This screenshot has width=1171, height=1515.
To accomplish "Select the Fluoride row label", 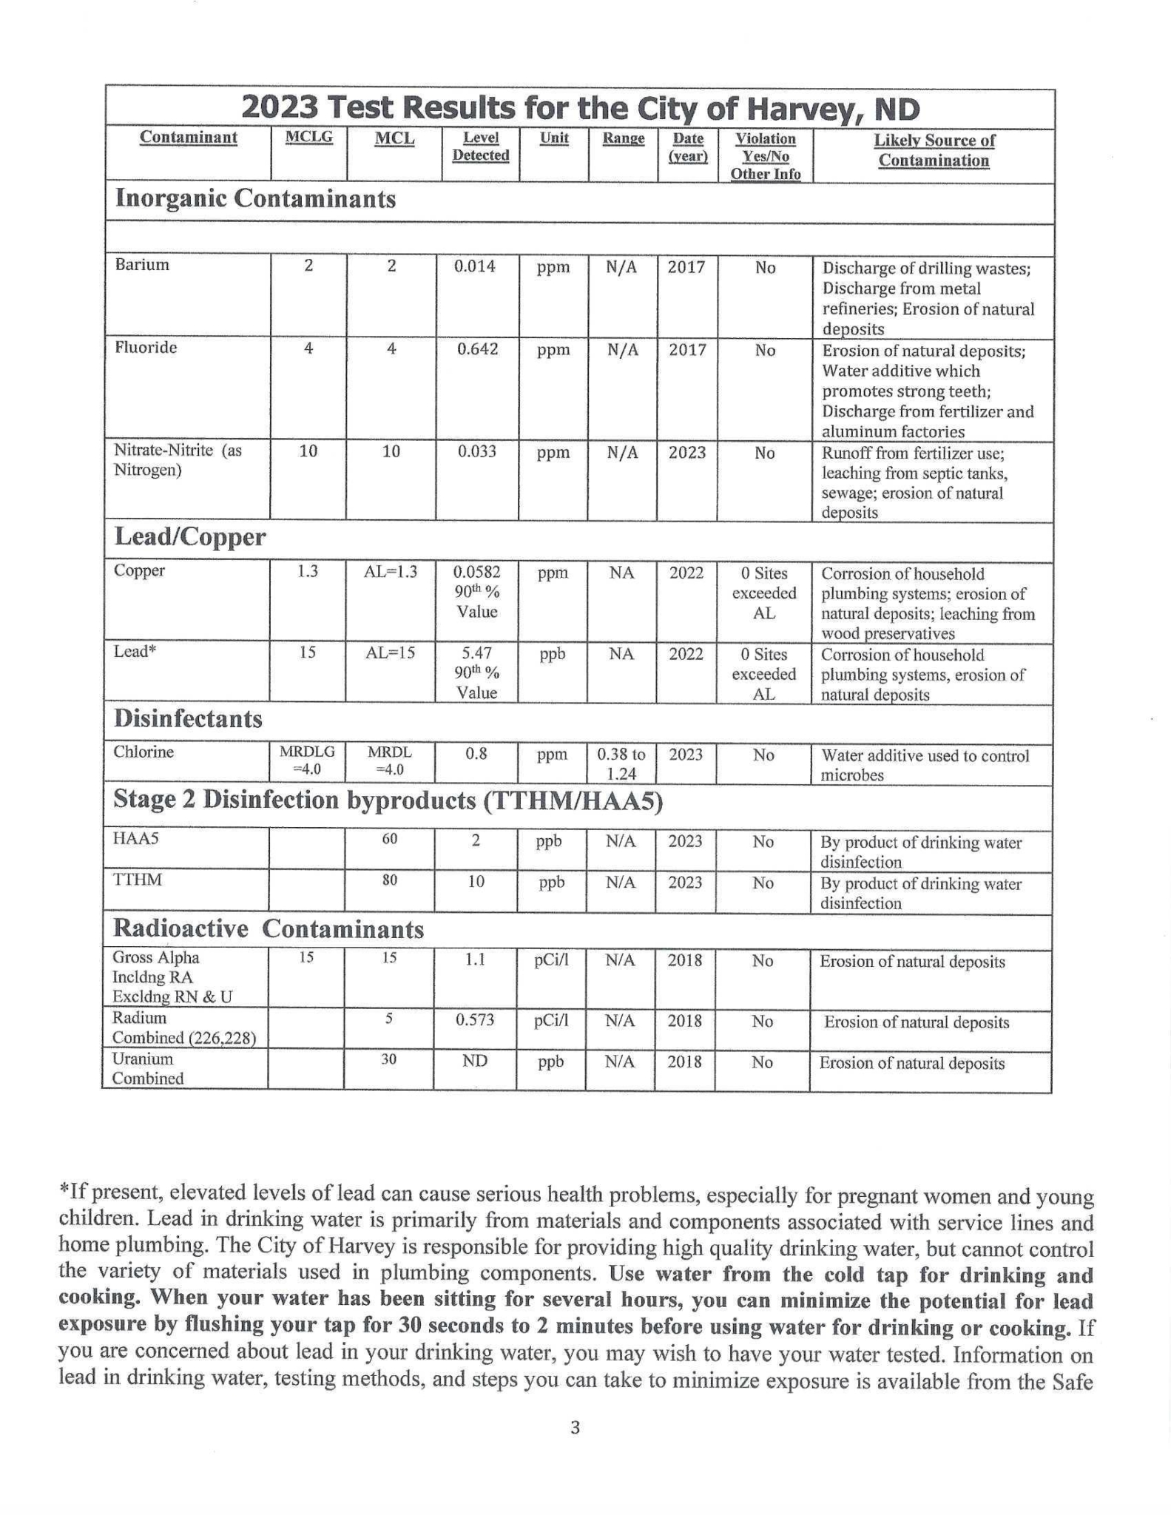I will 146,348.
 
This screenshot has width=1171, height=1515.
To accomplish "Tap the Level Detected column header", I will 480,146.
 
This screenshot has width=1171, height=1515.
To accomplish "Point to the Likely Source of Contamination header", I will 934,150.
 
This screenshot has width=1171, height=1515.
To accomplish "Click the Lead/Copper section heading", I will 189,537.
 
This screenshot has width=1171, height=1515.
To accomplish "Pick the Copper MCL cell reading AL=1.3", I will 391,572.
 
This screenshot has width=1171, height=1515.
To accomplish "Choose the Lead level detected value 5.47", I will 477,654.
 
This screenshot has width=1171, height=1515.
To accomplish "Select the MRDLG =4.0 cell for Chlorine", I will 306,760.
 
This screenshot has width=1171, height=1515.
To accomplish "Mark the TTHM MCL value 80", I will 390,880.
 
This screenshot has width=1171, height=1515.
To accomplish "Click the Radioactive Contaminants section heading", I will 268,929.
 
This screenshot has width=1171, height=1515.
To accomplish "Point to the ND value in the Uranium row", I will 475,1061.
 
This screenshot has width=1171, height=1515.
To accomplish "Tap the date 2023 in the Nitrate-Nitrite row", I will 686,452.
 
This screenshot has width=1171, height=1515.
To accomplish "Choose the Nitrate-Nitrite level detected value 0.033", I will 475,452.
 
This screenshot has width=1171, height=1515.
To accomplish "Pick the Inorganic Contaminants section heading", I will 255,199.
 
